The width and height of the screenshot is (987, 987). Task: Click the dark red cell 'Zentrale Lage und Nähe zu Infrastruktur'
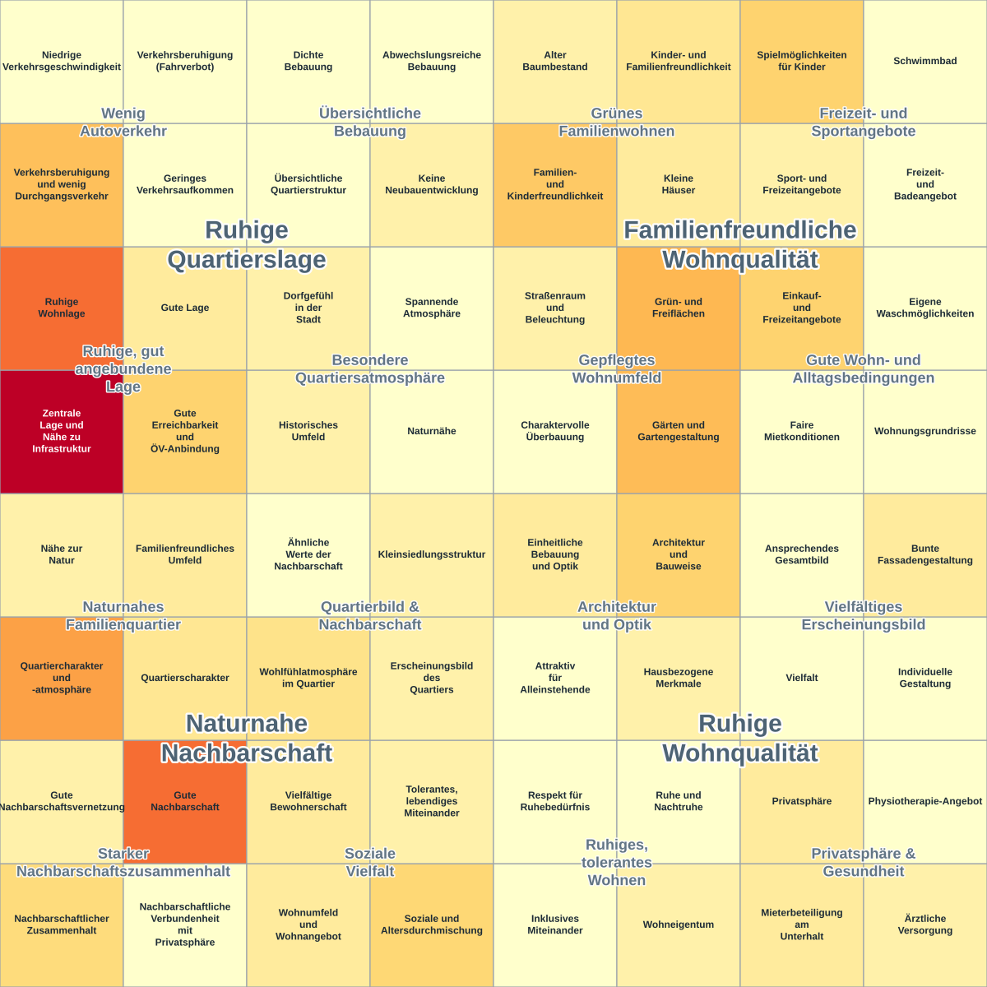(62, 431)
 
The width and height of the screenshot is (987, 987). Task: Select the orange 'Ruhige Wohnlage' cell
(62, 308)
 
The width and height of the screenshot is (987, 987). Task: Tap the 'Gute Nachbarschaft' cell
(185, 801)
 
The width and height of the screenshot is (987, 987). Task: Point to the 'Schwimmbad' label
(924, 61)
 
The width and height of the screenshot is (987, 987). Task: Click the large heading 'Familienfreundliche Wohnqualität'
(739, 245)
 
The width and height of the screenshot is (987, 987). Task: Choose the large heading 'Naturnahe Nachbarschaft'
(247, 738)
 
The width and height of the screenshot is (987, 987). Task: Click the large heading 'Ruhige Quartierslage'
(247, 245)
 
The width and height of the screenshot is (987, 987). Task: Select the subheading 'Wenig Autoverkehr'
(123, 122)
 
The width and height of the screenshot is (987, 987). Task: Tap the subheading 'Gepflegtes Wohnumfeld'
(617, 368)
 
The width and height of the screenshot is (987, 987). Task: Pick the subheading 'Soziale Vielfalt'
(370, 862)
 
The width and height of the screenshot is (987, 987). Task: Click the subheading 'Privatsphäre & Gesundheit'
(863, 862)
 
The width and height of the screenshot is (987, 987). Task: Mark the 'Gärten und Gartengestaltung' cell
(678, 431)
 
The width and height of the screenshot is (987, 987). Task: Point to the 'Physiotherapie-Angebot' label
(924, 801)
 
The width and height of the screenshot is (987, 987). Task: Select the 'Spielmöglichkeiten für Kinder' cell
(802, 62)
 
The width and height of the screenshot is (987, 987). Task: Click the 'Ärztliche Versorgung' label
(924, 924)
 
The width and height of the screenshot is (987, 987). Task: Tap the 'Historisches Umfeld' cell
(308, 431)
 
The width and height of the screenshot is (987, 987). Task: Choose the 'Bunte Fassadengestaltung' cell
(925, 554)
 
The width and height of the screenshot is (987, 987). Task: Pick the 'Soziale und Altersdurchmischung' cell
(431, 925)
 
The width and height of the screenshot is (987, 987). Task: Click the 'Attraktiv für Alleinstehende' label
(554, 678)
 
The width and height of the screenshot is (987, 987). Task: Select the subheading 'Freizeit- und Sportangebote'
(863, 122)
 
